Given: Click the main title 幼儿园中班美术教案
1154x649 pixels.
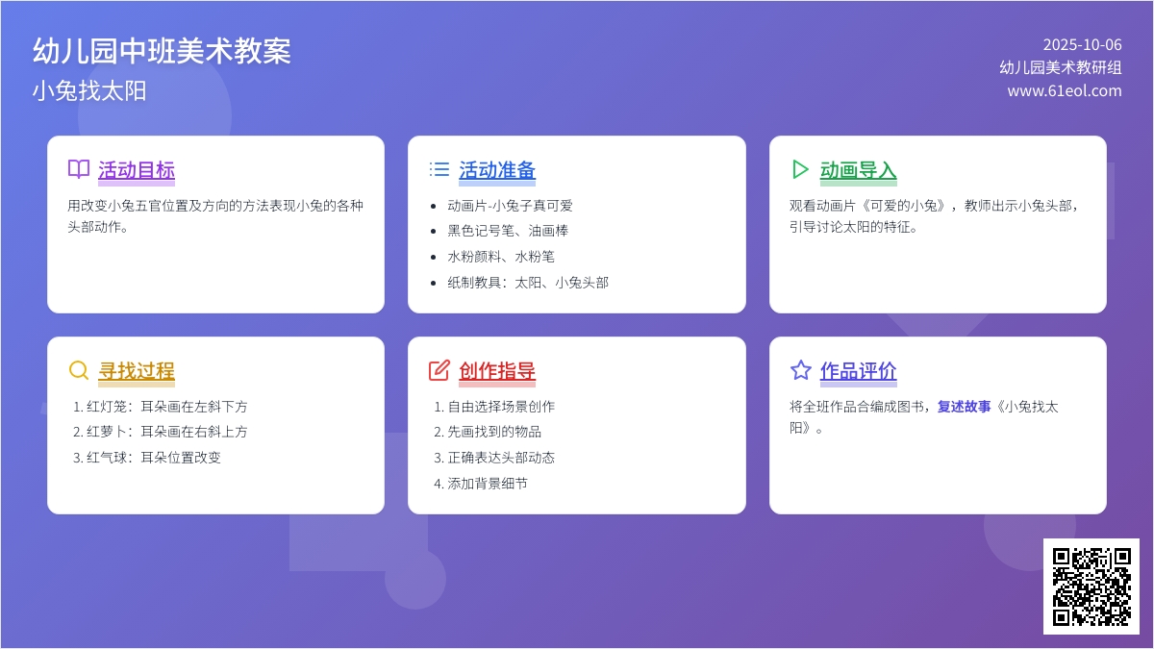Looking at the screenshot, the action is click(x=162, y=52).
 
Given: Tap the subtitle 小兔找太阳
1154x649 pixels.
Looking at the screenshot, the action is click(x=89, y=91).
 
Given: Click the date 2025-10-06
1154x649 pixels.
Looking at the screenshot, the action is click(x=1083, y=45).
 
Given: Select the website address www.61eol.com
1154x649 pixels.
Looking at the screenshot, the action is click(x=1065, y=90).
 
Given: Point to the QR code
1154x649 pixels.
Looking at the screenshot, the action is click(x=1091, y=587).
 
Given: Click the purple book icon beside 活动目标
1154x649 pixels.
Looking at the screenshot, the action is click(x=79, y=169).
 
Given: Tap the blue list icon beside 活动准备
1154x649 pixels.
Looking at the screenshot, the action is click(x=439, y=169).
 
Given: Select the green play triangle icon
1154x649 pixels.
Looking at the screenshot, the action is click(x=800, y=169).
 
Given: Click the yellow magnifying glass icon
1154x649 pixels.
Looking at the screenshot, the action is click(x=79, y=370).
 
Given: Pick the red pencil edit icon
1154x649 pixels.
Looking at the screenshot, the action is click(x=439, y=370).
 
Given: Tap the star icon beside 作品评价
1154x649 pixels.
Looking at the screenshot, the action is click(x=800, y=370).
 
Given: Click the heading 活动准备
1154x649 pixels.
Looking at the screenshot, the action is click(x=497, y=170).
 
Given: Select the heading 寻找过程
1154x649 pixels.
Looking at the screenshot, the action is click(x=137, y=371).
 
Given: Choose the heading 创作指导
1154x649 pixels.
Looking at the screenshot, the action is click(x=497, y=371).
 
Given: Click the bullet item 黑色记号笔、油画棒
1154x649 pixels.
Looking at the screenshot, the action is click(x=508, y=231).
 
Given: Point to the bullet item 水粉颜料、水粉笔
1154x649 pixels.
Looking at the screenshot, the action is click(x=501, y=257).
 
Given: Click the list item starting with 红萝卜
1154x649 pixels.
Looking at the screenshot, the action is click(x=161, y=432).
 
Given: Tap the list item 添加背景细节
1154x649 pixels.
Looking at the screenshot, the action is click(x=481, y=483).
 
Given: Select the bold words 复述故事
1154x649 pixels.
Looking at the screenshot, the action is click(x=964, y=407).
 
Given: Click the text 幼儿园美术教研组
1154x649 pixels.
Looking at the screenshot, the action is click(x=1061, y=67).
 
